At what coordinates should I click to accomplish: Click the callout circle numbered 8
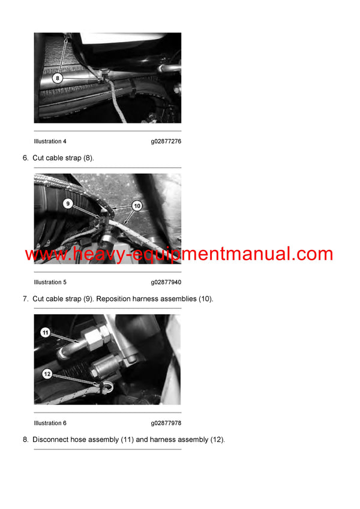point(57,78)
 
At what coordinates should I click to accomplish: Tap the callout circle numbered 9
point(68,204)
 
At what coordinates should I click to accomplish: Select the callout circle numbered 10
point(137,206)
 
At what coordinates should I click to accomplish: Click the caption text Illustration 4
point(50,141)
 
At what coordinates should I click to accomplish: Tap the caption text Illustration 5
point(50,282)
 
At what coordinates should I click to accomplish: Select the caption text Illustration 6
point(50,423)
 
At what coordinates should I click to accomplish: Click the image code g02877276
point(166,141)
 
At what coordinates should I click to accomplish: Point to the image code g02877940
point(166,282)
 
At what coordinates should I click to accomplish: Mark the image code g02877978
point(166,423)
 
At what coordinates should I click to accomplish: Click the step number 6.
point(25,158)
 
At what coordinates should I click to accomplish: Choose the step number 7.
point(25,299)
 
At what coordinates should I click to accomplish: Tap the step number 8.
point(25,439)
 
